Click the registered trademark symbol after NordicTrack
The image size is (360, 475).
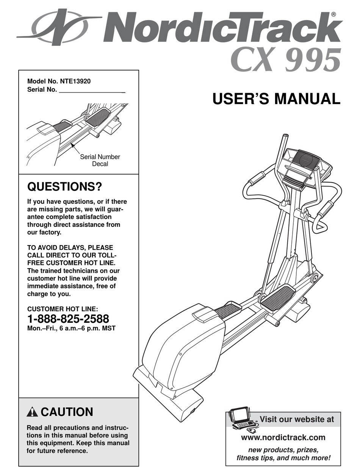click(x=333, y=14)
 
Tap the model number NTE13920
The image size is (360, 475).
click(x=75, y=81)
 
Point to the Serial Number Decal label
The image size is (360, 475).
click(x=100, y=160)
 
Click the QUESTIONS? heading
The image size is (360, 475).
click(x=65, y=187)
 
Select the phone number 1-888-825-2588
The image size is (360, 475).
click(x=68, y=319)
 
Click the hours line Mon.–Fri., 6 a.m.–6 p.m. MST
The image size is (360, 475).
click(x=71, y=328)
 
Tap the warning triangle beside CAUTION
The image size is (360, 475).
click(x=33, y=412)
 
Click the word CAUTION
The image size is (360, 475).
click(x=67, y=412)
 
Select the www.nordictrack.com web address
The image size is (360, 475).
click(x=283, y=437)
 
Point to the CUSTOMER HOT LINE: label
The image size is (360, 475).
click(x=65, y=309)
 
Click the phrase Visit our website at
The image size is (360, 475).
click(x=297, y=419)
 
